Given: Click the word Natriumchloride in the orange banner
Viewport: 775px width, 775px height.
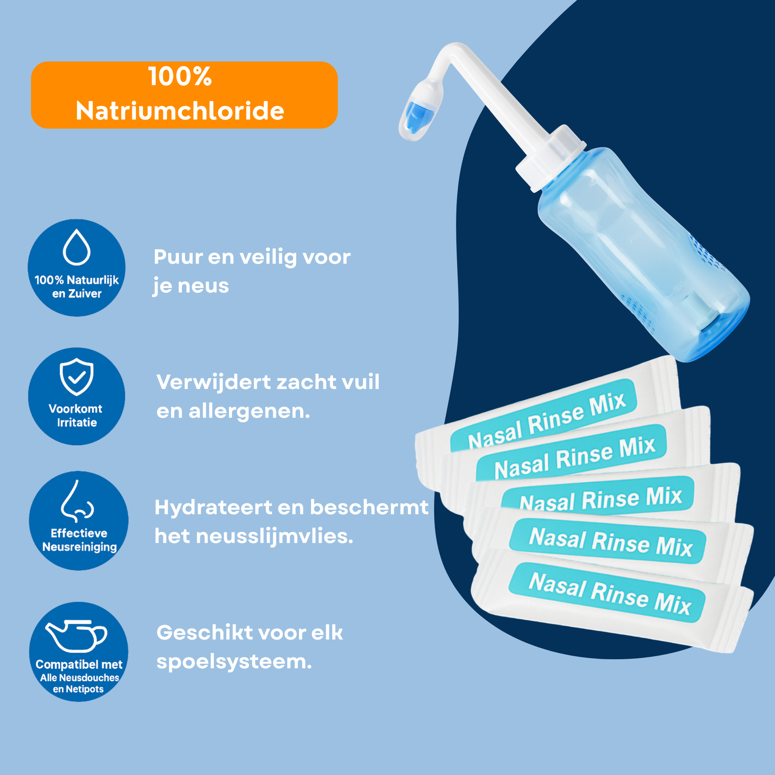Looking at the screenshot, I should coord(180,111).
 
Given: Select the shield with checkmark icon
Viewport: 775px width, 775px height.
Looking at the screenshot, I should coord(76,377).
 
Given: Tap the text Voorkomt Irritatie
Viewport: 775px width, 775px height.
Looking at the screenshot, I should coord(76,416).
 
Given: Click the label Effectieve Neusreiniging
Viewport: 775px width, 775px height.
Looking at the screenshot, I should coord(79,540).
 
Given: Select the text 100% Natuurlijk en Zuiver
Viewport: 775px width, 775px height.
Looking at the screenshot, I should coord(76,286).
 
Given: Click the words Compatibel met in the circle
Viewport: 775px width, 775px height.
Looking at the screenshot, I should coord(78,665).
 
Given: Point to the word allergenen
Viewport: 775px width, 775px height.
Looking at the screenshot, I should coord(249,411).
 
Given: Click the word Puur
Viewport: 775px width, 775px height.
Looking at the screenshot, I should coord(178,257).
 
